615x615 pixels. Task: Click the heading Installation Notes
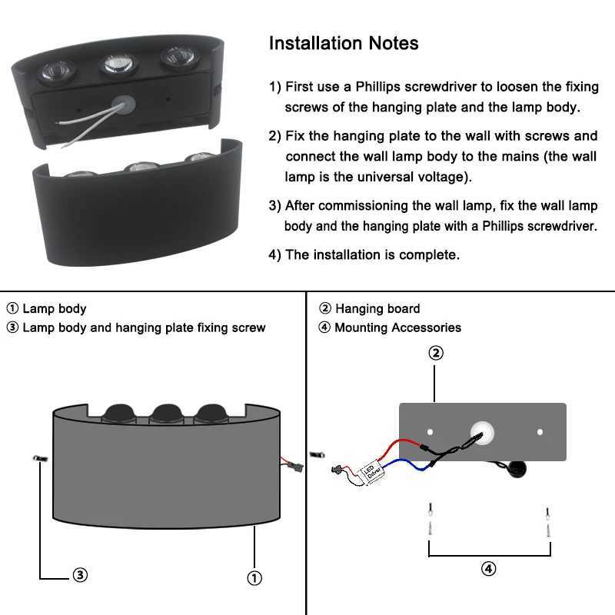344,43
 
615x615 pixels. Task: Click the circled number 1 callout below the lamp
254,577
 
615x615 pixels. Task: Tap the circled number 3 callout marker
80,575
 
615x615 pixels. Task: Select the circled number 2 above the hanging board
435,353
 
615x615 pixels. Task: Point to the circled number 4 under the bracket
489,569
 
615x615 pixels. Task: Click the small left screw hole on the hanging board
430,432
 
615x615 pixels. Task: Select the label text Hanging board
377,309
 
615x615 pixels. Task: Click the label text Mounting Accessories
397,327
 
